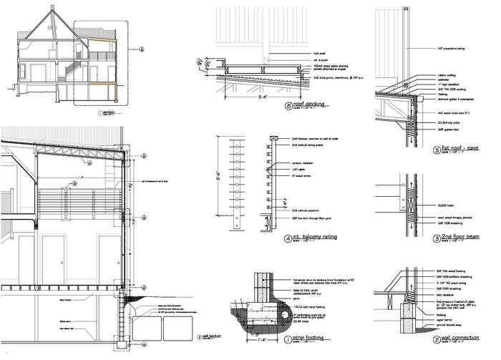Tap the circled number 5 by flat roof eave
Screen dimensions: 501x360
[x=438, y=151]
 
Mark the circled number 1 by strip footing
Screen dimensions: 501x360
[x=288, y=339]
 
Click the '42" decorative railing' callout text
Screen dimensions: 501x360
[x=451, y=49]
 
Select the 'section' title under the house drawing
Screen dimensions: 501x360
[x=108, y=113]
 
